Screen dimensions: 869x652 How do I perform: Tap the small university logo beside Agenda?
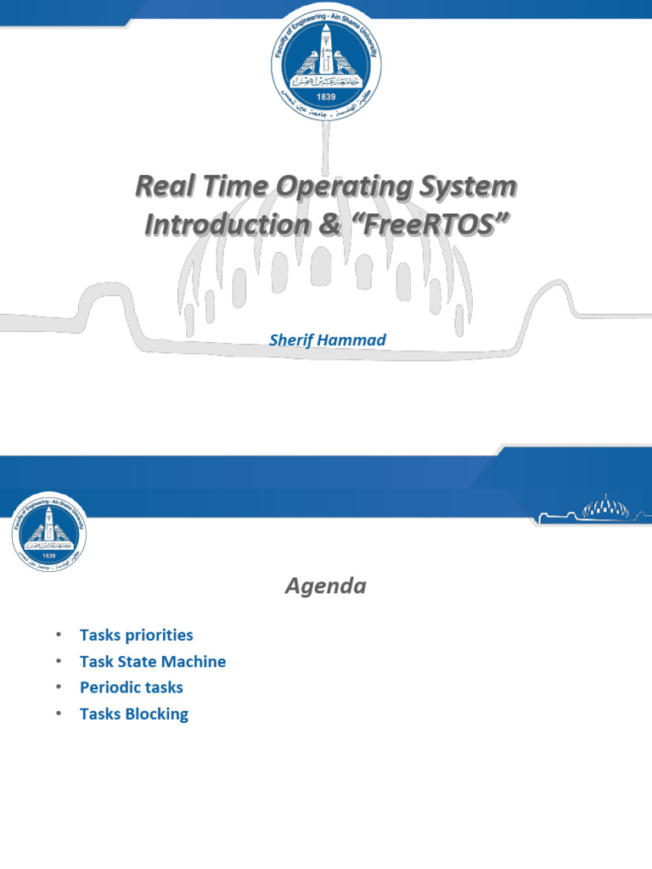coord(49,531)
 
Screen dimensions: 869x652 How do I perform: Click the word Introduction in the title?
coord(225,225)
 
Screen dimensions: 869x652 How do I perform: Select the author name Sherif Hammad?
coord(327,339)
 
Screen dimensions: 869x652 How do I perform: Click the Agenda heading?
coord(325,586)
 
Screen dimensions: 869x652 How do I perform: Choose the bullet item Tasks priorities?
coord(136,635)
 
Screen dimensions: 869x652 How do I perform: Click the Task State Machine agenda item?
coord(153,661)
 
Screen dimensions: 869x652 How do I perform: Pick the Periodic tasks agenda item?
coord(131,687)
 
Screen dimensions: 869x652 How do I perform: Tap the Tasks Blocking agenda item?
coord(133,714)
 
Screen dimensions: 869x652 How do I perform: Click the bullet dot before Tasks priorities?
coord(58,635)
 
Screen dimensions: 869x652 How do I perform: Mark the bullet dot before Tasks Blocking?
coord(58,714)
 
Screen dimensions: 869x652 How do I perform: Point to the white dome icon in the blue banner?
coord(606,508)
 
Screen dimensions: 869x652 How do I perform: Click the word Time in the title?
coord(233,187)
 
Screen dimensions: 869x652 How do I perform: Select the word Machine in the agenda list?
coord(195,661)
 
